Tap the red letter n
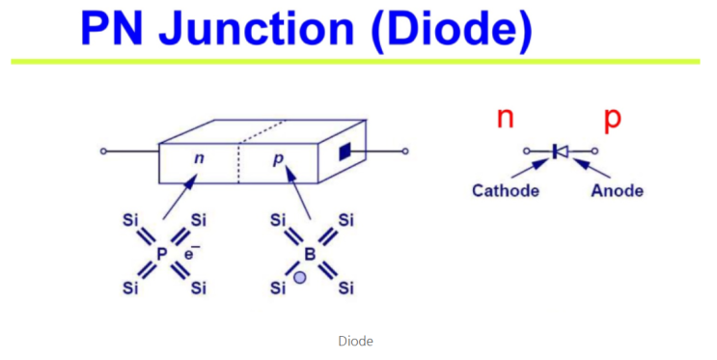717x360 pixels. pyautogui.click(x=505, y=119)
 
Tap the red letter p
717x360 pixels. pyautogui.click(x=612, y=119)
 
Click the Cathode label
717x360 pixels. pyautogui.click(x=505, y=190)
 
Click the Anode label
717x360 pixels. pyautogui.click(x=616, y=190)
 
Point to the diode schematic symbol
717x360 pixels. pyautogui.click(x=560, y=152)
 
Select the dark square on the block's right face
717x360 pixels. pyautogui.click(x=345, y=152)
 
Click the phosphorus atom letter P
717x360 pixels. pyautogui.click(x=162, y=255)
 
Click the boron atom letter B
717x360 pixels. pyautogui.click(x=310, y=255)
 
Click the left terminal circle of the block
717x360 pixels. pyautogui.click(x=103, y=152)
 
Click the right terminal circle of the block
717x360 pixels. pyautogui.click(x=405, y=152)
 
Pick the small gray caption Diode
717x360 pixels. pyautogui.click(x=356, y=341)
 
